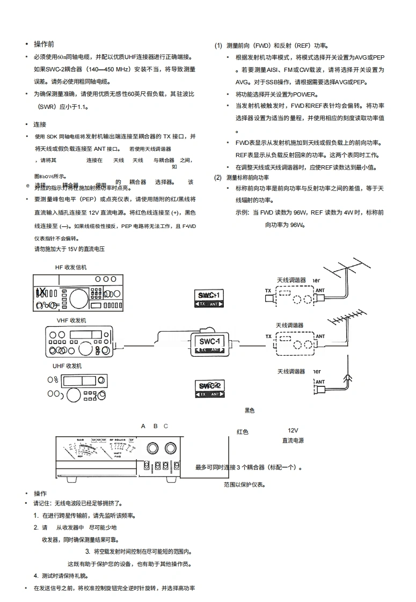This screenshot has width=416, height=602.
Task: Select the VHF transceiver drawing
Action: pos(78,341)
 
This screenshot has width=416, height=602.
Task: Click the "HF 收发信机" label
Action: pos(71,267)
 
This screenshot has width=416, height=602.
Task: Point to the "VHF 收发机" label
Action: pos(71,320)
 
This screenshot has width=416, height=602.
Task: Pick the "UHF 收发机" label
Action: pos(67,366)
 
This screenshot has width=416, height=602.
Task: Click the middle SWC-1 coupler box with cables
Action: pos(210,343)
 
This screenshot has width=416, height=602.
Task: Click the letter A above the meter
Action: pos(143,426)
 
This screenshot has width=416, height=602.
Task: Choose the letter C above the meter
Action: pos(166,426)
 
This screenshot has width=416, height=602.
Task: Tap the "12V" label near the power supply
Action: pos(293,430)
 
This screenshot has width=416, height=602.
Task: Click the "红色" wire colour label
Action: pos(243,431)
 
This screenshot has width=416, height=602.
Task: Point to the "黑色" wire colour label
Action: pos(250,410)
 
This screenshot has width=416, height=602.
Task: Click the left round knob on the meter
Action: pos(152,449)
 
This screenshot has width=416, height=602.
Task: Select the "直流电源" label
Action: pos(293,441)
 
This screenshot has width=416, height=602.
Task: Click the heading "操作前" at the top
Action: pos(44,44)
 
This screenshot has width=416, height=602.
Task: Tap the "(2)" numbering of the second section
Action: pos(218,178)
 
